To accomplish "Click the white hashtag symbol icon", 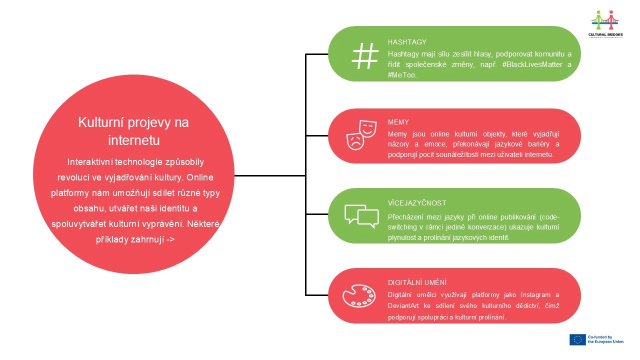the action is pyautogui.click(x=365, y=56).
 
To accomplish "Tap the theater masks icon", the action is pyautogui.click(x=361, y=135).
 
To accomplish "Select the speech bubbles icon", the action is pyautogui.click(x=361, y=216).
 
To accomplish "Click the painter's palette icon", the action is pyautogui.click(x=359, y=296).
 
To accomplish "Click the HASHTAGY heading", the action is pyautogui.click(x=407, y=42).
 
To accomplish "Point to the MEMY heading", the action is pyautogui.click(x=398, y=122).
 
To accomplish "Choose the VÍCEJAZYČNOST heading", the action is pyautogui.click(x=417, y=203).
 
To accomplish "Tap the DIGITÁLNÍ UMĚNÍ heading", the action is pyautogui.click(x=417, y=282).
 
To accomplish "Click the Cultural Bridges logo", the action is pyautogui.click(x=605, y=24).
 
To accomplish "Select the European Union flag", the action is pyautogui.click(x=577, y=339).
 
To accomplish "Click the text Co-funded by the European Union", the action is pyautogui.click(x=605, y=339).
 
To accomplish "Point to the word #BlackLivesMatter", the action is pyautogui.click(x=532, y=64).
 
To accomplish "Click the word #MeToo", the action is pyautogui.click(x=402, y=75).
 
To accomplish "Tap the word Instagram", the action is pyautogui.click(x=535, y=295).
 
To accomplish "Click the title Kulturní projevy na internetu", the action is pyautogui.click(x=133, y=131).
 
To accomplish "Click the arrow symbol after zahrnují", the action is pyautogui.click(x=170, y=239).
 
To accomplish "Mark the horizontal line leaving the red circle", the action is pyautogui.click(x=270, y=175).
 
